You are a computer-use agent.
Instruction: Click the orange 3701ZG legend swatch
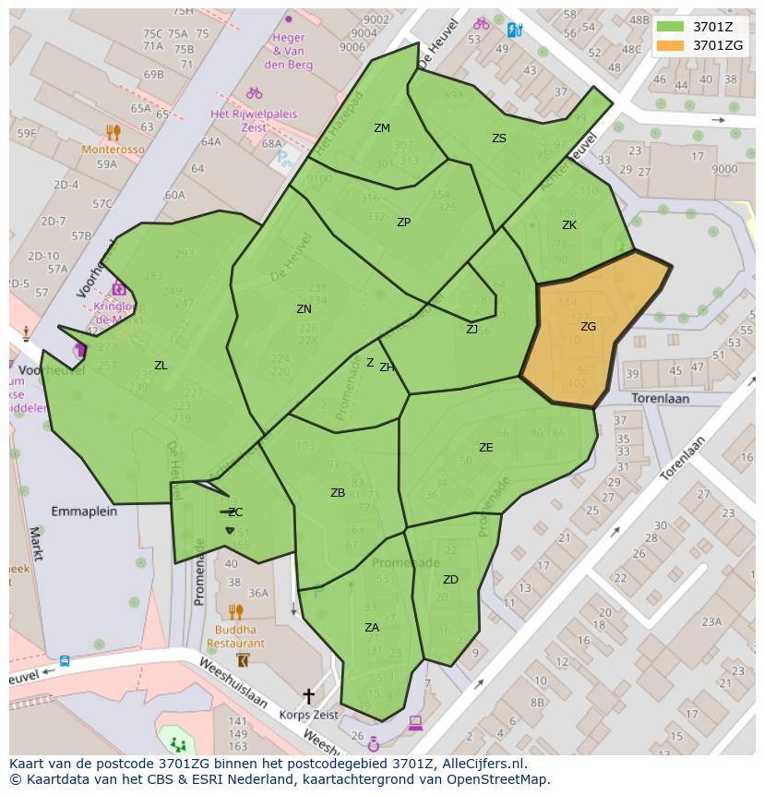click(671, 45)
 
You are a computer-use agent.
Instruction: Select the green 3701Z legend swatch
click(671, 26)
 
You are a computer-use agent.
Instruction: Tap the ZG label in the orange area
click(588, 327)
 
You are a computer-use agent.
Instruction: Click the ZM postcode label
click(382, 128)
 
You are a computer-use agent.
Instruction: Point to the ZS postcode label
click(499, 139)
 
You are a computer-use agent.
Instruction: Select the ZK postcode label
click(569, 225)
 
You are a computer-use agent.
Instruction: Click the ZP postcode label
click(403, 223)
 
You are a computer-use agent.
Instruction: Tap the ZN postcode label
click(304, 309)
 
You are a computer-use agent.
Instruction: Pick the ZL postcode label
click(161, 366)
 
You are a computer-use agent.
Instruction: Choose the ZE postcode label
click(486, 448)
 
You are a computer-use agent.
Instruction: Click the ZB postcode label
click(338, 493)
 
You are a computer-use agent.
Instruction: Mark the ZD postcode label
click(450, 580)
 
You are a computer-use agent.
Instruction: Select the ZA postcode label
click(372, 628)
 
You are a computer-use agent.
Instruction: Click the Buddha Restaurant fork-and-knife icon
click(235, 611)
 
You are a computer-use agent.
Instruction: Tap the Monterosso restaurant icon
click(113, 132)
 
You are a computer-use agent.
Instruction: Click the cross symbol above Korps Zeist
click(308, 695)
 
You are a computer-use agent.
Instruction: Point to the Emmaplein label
click(84, 511)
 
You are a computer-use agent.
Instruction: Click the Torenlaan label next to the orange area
click(661, 398)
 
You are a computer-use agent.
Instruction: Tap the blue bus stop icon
click(65, 661)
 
